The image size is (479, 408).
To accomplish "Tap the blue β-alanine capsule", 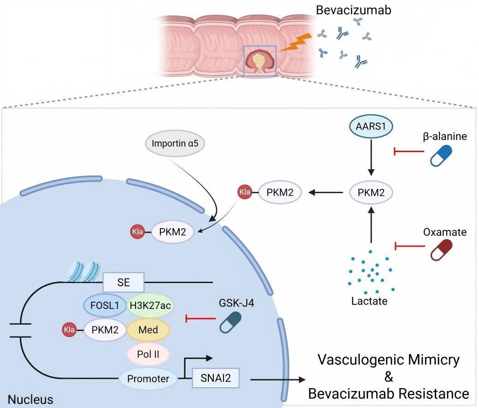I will click(441, 156).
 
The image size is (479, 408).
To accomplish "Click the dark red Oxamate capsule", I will click(441, 249).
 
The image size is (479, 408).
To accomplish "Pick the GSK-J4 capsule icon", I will click(231, 321).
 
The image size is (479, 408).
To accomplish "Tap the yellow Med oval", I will click(148, 329).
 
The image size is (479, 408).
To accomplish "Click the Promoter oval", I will click(148, 379).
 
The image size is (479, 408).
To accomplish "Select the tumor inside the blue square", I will click(260, 61).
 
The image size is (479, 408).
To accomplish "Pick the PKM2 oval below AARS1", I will click(371, 193).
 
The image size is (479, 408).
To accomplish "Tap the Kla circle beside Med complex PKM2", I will click(69, 329).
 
